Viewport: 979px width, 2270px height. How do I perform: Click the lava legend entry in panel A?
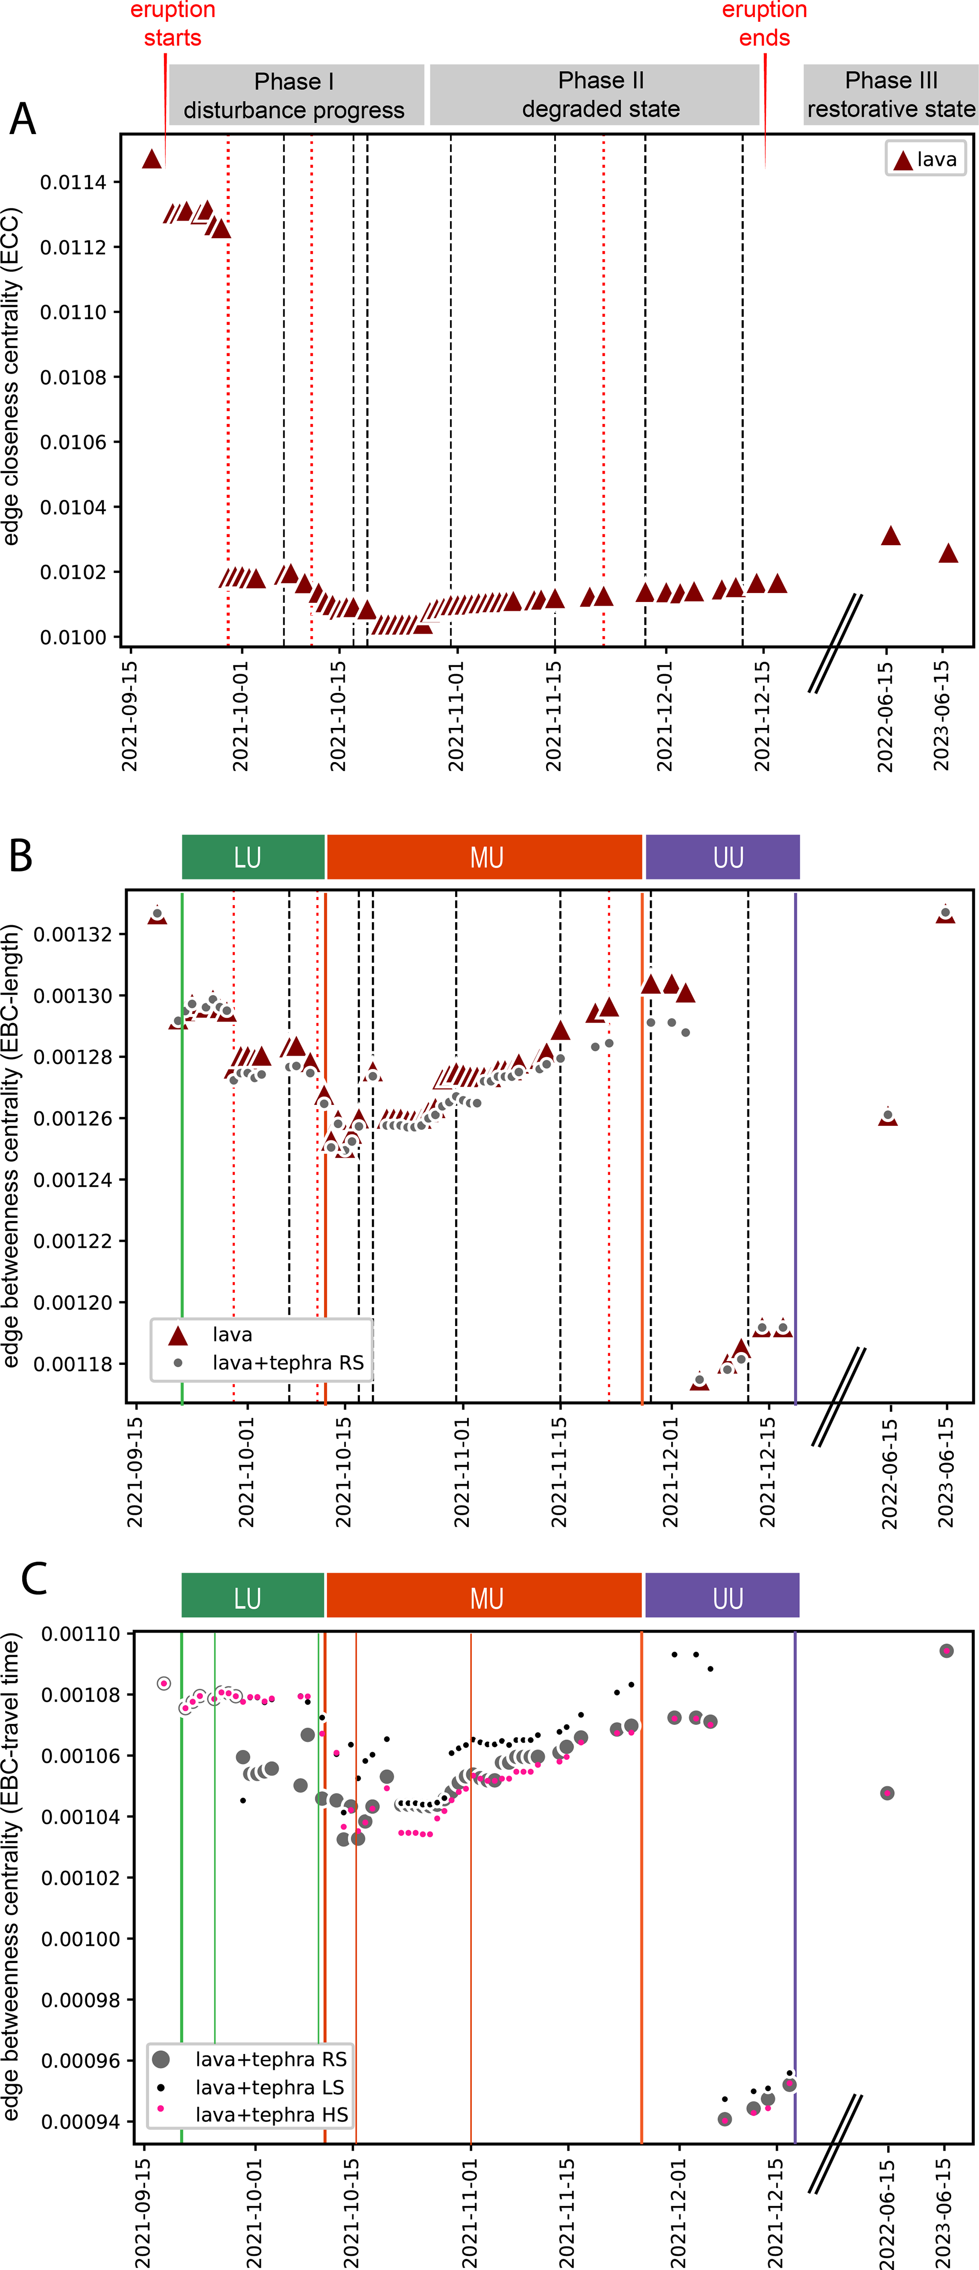(925, 160)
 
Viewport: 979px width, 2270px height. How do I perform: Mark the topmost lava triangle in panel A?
(152, 159)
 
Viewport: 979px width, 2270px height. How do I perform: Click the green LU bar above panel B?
(253, 857)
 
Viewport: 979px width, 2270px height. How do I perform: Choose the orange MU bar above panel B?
(485, 857)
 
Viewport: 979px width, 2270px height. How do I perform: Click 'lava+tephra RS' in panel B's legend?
(287, 1363)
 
